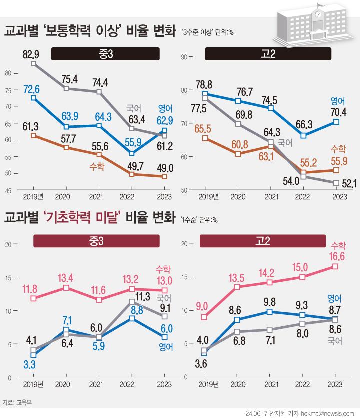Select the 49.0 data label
coord(164,167)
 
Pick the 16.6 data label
coord(338,256)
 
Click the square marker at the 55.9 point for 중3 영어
coord(132,153)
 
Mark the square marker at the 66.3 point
coord(303,135)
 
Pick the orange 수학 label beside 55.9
coord(338,148)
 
